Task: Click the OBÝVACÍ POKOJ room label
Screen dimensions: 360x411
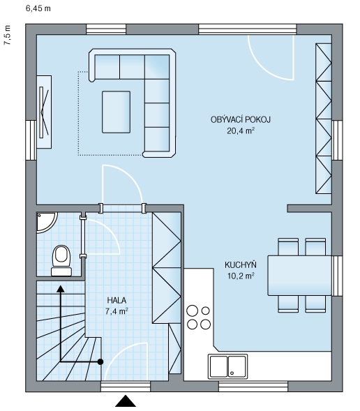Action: coord(240,119)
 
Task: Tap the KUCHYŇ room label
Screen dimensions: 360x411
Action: coord(241,264)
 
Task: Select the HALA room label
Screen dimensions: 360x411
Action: coord(117,300)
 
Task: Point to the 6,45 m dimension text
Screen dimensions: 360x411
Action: coord(38,8)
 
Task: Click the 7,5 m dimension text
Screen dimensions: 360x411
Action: coord(8,35)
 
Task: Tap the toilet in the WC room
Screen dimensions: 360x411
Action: coord(61,260)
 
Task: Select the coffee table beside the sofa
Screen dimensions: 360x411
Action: coord(116,112)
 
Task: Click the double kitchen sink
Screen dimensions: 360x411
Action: coord(227,366)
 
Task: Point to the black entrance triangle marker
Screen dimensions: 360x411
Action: coord(126,401)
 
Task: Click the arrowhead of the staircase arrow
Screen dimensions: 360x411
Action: coord(61,289)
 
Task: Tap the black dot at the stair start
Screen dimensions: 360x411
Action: coord(100,361)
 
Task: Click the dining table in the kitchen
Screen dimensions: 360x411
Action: coord(299,276)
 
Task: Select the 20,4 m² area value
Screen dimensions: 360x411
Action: coord(241,130)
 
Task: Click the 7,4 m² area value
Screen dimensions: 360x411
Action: coord(117,311)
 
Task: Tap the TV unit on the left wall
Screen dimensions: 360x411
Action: coord(44,112)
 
